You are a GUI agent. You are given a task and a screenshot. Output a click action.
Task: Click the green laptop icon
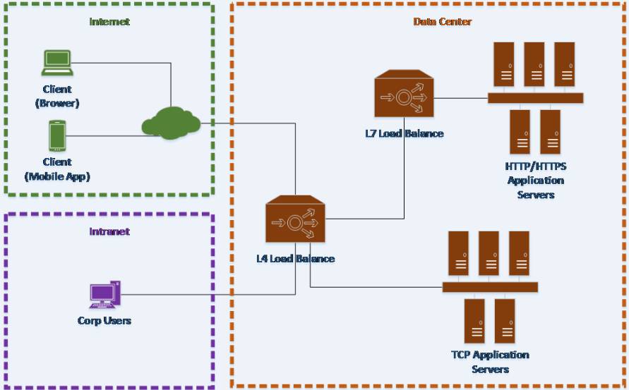(x=57, y=63)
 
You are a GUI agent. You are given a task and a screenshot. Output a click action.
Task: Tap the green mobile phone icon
(x=57, y=136)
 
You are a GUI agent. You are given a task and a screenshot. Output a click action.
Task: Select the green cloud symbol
(x=172, y=123)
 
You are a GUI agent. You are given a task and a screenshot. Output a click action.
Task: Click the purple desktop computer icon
(x=104, y=295)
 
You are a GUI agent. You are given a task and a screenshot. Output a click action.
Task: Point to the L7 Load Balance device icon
(x=404, y=94)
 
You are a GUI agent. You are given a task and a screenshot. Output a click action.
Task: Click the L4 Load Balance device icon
(x=295, y=219)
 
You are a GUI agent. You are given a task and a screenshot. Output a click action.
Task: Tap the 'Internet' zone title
(x=109, y=22)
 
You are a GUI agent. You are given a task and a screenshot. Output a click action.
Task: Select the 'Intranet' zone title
(x=109, y=232)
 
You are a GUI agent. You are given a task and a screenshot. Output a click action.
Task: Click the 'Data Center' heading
(x=443, y=22)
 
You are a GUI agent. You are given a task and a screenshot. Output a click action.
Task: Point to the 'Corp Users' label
(x=104, y=321)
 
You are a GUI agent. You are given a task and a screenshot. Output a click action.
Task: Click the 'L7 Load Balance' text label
(x=405, y=133)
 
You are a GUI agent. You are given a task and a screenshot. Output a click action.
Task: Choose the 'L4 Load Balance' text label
(x=296, y=259)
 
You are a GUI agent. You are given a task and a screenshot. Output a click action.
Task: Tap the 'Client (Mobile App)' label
(x=57, y=169)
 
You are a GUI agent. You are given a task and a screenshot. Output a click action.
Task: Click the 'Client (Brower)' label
(x=57, y=96)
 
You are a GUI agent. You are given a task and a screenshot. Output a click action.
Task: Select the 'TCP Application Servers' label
(x=490, y=362)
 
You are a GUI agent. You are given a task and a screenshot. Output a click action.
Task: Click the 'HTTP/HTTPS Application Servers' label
(x=536, y=181)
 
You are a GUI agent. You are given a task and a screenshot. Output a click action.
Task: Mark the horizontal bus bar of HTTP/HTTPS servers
(x=536, y=98)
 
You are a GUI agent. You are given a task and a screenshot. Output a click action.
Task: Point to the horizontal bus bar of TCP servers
(x=490, y=287)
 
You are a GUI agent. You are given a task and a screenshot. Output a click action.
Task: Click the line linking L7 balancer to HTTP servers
(x=460, y=98)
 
